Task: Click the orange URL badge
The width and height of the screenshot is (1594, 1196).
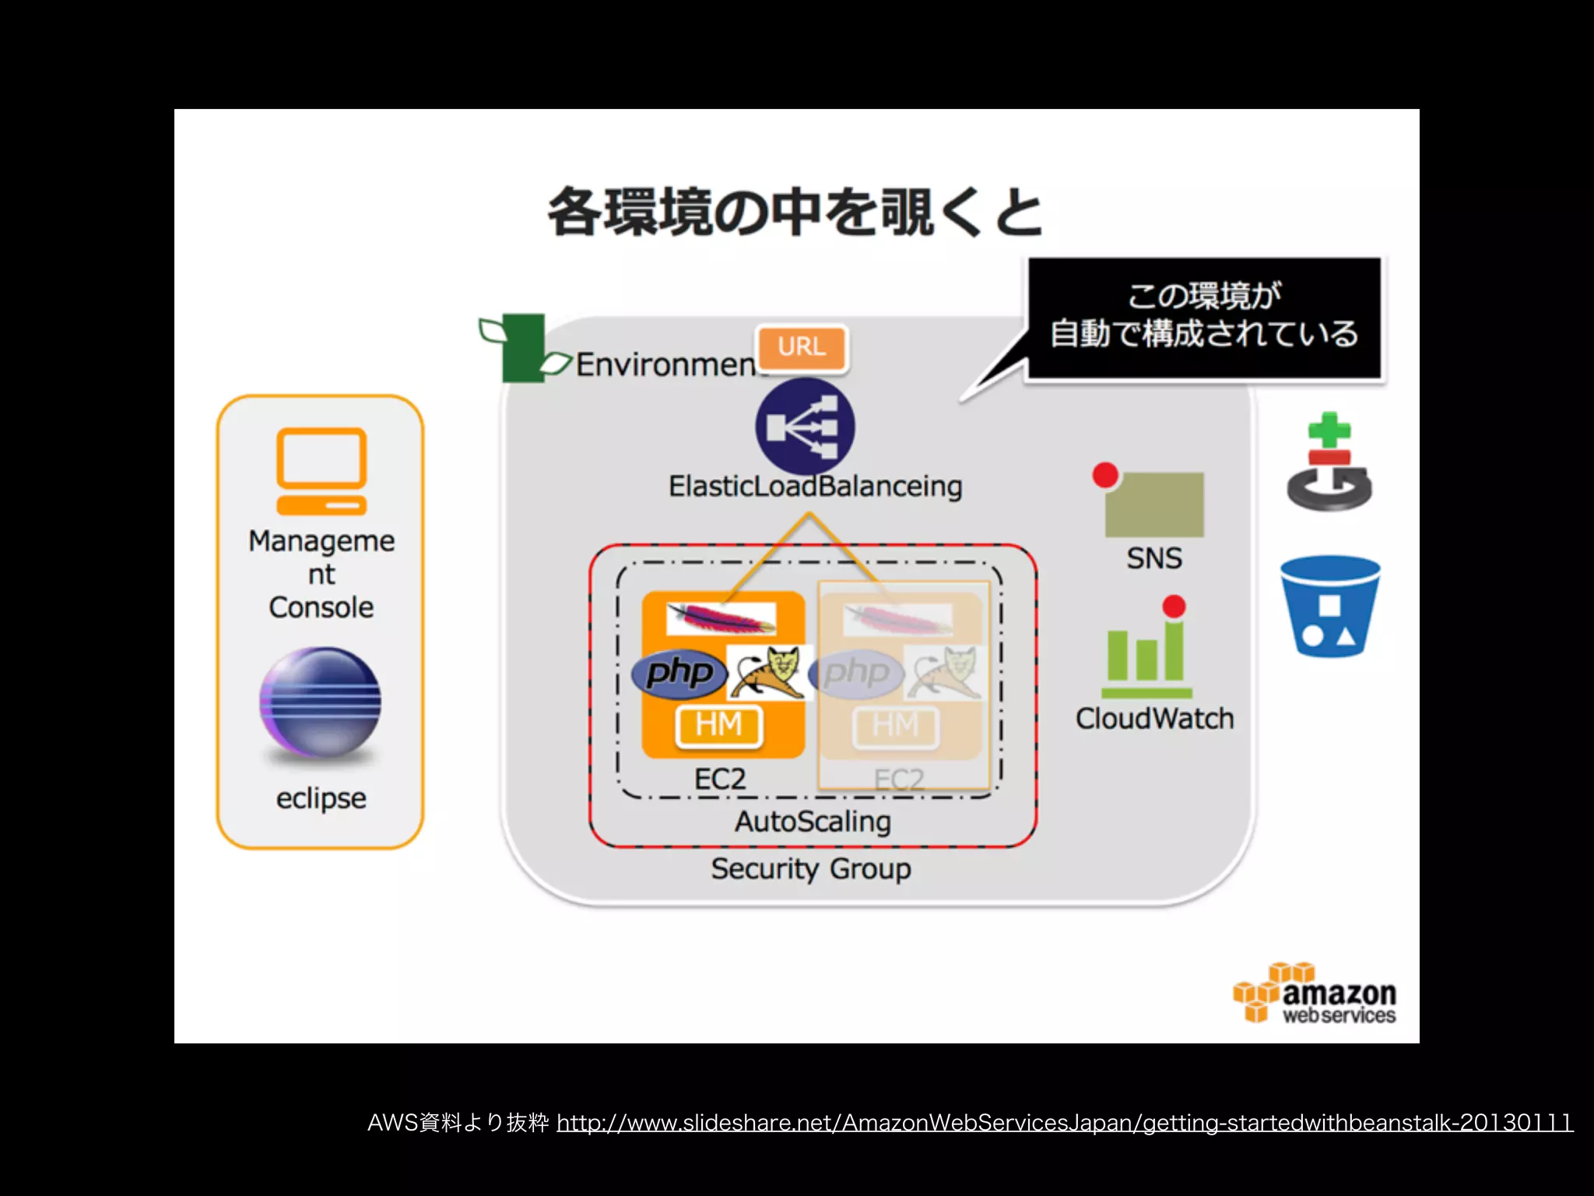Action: tap(801, 347)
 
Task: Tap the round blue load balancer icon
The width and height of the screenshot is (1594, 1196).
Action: tap(805, 427)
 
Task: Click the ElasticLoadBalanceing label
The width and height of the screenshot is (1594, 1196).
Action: tap(815, 487)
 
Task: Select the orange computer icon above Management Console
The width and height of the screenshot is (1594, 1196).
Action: tap(321, 471)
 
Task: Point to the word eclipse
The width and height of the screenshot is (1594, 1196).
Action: tap(321, 798)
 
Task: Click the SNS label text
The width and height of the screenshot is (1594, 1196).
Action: tap(1153, 558)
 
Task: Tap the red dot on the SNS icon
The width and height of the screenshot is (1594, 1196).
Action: tap(1105, 475)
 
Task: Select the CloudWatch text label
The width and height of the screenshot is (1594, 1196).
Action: tap(1154, 718)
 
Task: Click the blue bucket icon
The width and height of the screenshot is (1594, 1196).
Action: tap(1329, 607)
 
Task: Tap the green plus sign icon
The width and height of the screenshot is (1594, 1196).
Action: tap(1329, 431)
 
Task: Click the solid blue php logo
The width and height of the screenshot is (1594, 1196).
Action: tap(679, 673)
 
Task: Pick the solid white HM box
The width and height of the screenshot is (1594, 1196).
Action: tap(718, 725)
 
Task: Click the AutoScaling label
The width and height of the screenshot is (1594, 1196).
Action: tap(813, 821)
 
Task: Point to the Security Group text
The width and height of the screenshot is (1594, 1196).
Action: tap(810, 868)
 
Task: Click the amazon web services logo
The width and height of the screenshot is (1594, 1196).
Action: tap(1315, 994)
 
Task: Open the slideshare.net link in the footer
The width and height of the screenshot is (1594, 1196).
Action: tap(1064, 1123)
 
